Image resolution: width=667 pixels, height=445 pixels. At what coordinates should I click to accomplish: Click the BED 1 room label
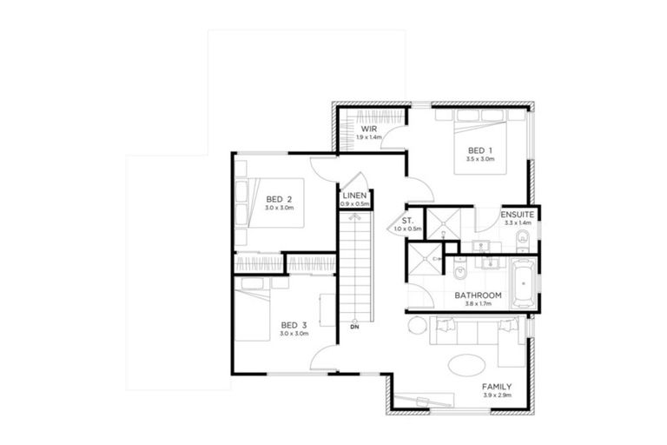pyautogui.click(x=479, y=149)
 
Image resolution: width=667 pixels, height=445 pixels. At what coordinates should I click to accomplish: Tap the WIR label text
pyautogui.click(x=368, y=129)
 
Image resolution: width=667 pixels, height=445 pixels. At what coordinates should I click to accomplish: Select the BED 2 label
pyautogui.click(x=281, y=197)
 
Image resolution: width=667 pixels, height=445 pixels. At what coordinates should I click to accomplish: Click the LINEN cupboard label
pyautogui.click(x=355, y=196)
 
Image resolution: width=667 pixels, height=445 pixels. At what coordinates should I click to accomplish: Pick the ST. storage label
pyautogui.click(x=406, y=220)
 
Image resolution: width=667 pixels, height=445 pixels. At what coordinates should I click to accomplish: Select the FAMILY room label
pyautogui.click(x=497, y=386)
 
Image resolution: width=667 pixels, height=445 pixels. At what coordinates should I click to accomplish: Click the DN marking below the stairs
pyautogui.click(x=354, y=328)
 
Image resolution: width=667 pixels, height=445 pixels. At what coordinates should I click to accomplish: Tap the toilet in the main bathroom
pyautogui.click(x=459, y=276)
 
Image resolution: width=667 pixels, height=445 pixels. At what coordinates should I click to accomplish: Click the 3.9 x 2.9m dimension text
pyautogui.click(x=497, y=395)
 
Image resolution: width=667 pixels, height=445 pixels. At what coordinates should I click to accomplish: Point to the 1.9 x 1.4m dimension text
pyautogui.click(x=368, y=137)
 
